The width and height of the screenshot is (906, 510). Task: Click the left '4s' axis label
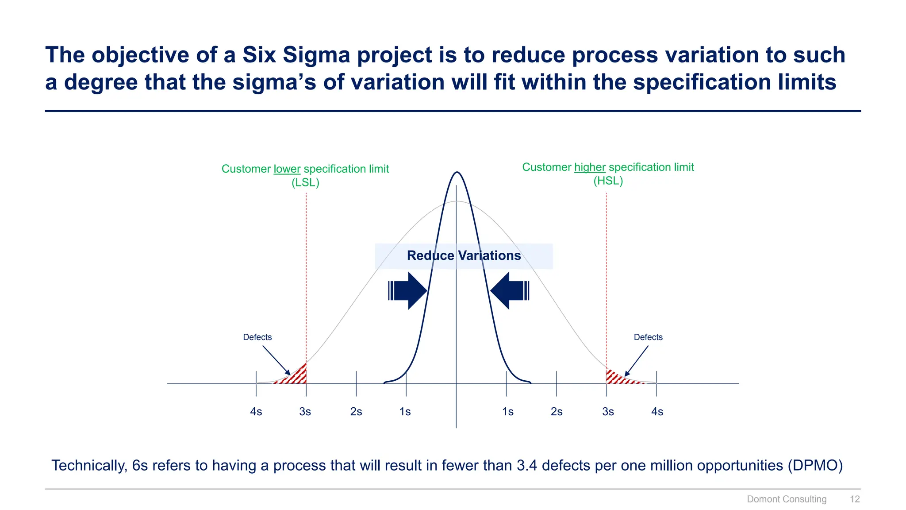pyautogui.click(x=256, y=412)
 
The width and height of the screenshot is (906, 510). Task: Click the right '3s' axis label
pyautogui.click(x=608, y=412)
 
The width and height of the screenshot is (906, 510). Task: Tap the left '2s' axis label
pyautogui.click(x=356, y=412)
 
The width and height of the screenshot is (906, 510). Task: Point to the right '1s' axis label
pyautogui.click(x=507, y=412)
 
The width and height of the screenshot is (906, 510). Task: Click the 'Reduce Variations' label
pyautogui.click(x=464, y=256)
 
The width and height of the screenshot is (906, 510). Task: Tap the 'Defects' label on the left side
pyautogui.click(x=257, y=337)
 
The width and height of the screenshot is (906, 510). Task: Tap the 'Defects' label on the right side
pyautogui.click(x=648, y=337)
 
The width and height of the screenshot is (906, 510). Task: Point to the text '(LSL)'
pyautogui.click(x=305, y=183)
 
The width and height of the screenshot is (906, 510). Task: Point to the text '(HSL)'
pyautogui.click(x=608, y=181)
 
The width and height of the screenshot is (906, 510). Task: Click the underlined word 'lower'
pyautogui.click(x=287, y=169)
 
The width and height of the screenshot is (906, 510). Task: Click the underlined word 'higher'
pyautogui.click(x=589, y=167)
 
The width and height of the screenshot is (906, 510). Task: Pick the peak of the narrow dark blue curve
pyautogui.click(x=457, y=173)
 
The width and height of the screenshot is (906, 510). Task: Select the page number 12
pyautogui.click(x=854, y=499)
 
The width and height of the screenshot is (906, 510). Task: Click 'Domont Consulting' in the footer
pyautogui.click(x=786, y=499)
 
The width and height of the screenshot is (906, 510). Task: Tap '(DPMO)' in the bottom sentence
pyautogui.click(x=815, y=466)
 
